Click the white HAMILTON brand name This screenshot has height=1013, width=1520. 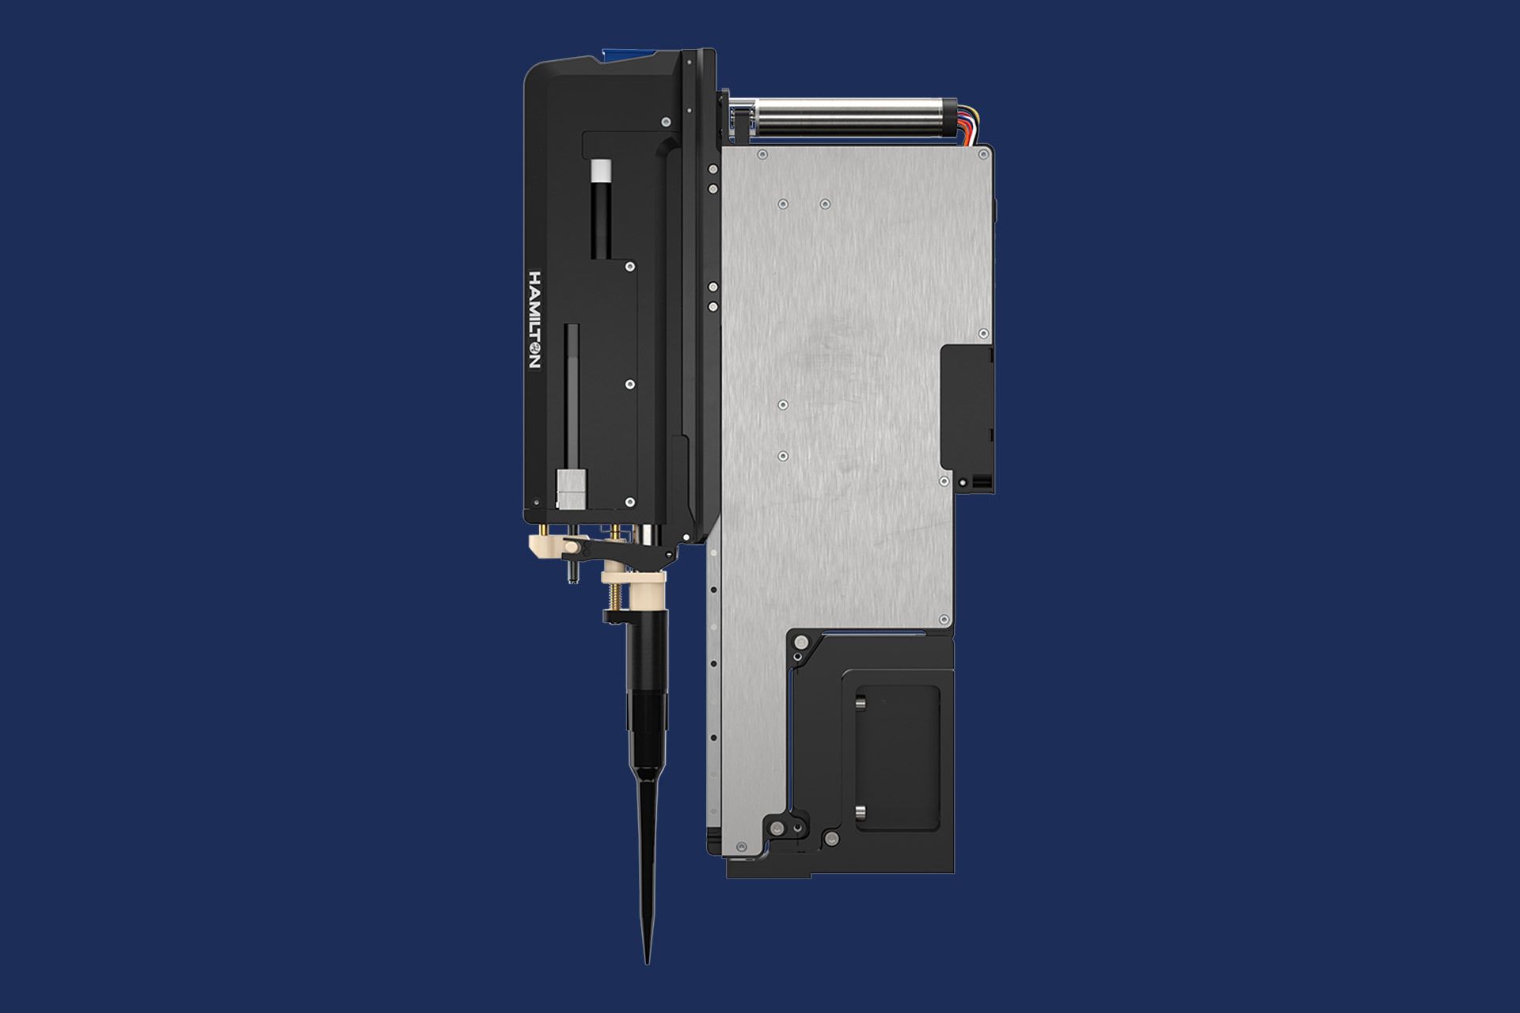[x=534, y=319]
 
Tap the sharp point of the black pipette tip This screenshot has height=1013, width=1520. [x=647, y=962]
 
